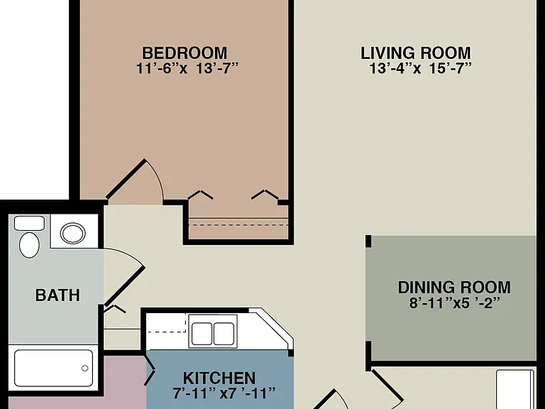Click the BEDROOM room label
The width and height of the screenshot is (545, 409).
185,53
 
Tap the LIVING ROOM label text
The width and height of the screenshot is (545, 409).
416,53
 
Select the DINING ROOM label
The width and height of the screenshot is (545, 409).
454,288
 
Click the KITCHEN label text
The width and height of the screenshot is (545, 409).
219,378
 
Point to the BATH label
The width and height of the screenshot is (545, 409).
57,295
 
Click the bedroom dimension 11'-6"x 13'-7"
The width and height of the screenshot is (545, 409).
187,68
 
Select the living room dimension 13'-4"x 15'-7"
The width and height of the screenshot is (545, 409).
420,68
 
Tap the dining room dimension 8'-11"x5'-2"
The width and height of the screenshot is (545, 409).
455,302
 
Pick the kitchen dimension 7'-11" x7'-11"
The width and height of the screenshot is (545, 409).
224,393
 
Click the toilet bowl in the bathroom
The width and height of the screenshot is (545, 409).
29,245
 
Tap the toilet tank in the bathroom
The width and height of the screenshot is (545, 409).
29,223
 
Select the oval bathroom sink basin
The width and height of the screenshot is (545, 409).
72,233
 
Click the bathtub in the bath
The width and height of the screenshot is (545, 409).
53,368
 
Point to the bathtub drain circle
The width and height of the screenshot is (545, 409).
85,369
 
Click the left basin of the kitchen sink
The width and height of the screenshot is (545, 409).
202,334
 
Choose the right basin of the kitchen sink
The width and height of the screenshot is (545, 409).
224,334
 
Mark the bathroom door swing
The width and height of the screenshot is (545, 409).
124,276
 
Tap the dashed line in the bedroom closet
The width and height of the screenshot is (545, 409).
238,225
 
